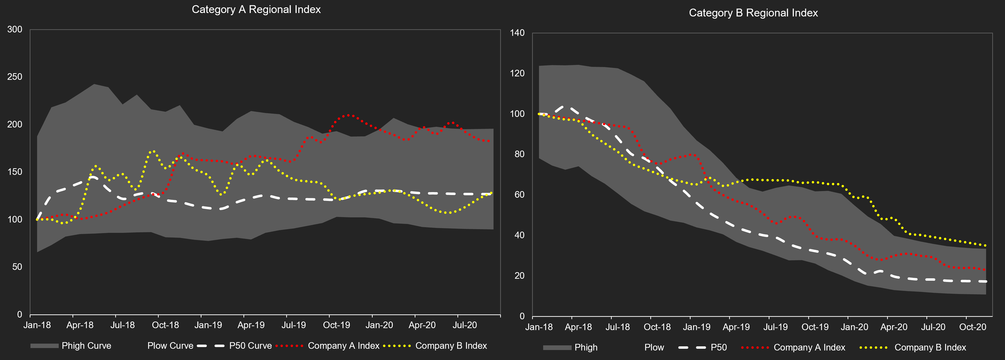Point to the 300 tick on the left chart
click(15, 29)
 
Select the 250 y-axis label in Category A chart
click(15, 77)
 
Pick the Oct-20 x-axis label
click(972, 327)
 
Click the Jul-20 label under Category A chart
click(464, 325)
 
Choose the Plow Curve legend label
click(170, 346)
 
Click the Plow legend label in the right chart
click(654, 347)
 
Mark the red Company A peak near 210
click(348, 115)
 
